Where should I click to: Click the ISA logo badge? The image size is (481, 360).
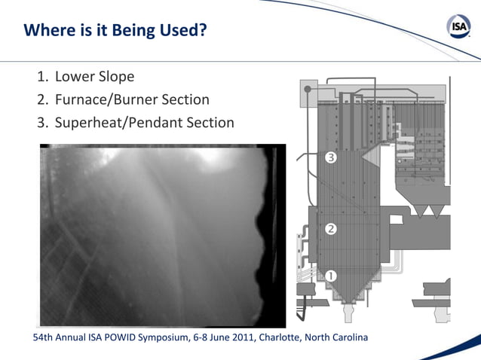click(459, 29)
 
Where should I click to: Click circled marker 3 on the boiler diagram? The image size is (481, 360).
click(330, 158)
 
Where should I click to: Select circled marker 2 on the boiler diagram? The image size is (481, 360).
click(330, 228)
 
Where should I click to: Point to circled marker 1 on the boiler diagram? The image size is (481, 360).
click(330, 276)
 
